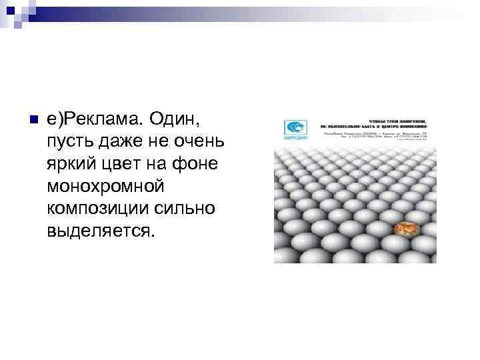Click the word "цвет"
tap(124, 164)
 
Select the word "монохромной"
tap(105, 186)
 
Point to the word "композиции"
tap(95, 208)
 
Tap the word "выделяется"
tap(100, 230)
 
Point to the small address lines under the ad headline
tap(374, 136)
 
